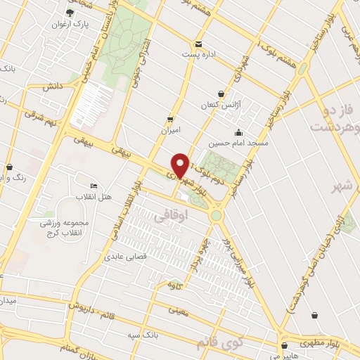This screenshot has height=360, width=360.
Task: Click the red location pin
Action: (x=181, y=165)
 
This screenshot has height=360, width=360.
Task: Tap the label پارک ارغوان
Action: (x=68, y=24)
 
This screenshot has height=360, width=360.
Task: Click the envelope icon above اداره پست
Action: (x=198, y=43)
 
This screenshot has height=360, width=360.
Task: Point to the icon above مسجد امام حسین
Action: (x=239, y=131)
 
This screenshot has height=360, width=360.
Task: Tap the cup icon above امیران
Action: (x=169, y=118)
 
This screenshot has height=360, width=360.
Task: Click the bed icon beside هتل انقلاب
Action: (x=94, y=185)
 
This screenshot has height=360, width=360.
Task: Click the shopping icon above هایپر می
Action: (x=285, y=345)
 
